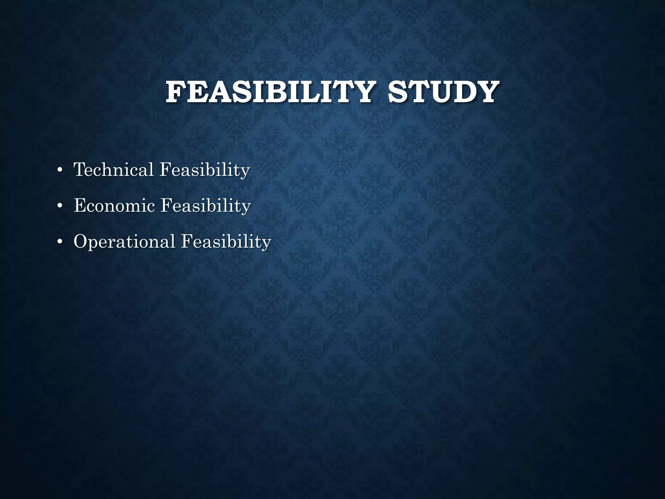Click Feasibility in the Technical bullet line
tap(205, 170)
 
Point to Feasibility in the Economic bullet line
tap(206, 206)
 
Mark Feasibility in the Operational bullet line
tap(226, 242)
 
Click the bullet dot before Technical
tap(59, 170)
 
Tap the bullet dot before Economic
tap(59, 206)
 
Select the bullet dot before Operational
tap(59, 242)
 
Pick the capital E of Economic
tap(80, 205)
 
